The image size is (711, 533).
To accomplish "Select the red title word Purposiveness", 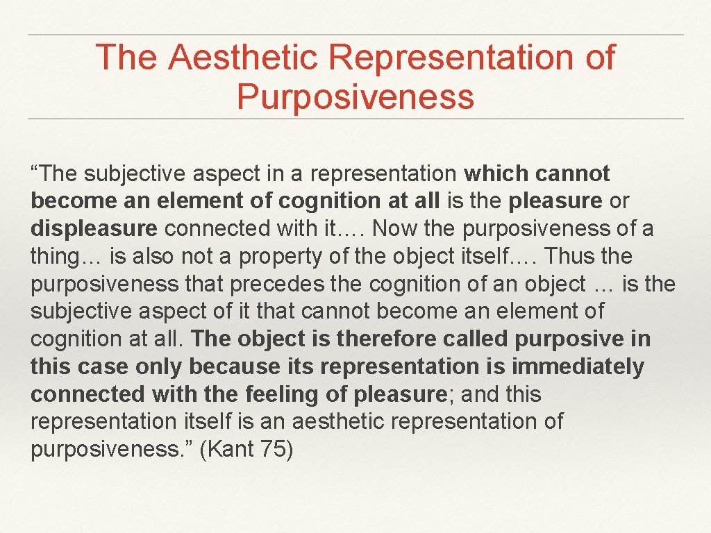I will [x=355, y=96].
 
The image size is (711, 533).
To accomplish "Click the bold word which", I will [x=496, y=174].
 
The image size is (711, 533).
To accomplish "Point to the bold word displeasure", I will [x=94, y=228].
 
